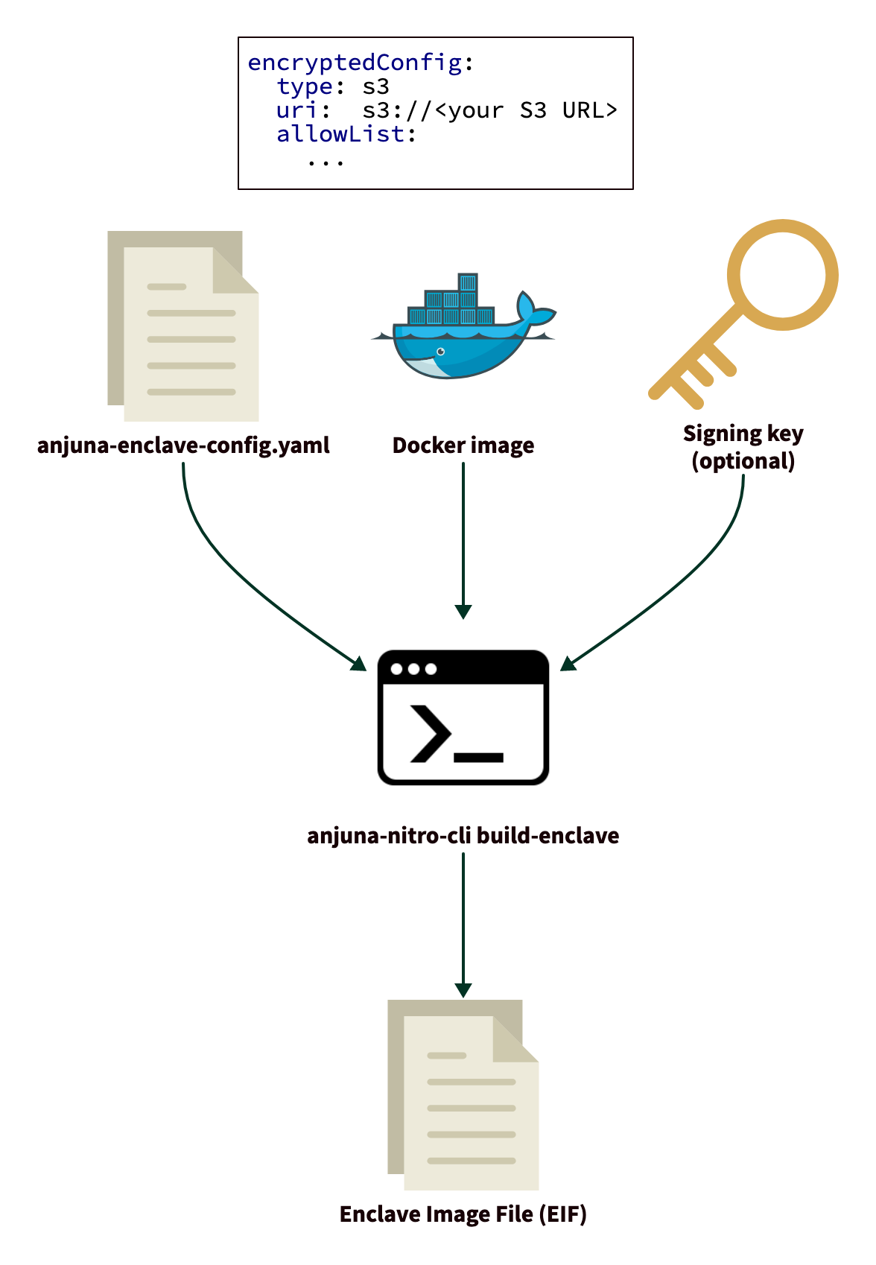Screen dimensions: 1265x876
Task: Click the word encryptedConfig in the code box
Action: coord(355,63)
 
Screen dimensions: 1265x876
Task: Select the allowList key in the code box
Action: coord(340,134)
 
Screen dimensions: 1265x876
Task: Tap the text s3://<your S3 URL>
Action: coord(489,110)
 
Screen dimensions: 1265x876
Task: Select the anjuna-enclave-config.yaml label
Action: coord(183,446)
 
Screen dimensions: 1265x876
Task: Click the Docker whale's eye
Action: coord(440,351)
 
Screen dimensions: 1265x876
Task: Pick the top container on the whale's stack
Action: coord(467,282)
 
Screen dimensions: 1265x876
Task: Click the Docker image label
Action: coord(463,446)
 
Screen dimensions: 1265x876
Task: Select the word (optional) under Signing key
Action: coord(743,461)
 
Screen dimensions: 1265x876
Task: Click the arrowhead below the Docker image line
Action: coord(463,612)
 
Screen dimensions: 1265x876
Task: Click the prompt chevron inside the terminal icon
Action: coord(430,734)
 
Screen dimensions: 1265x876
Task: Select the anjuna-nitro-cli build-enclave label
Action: coord(463,836)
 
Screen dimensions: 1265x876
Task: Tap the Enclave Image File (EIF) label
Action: coord(463,1214)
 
